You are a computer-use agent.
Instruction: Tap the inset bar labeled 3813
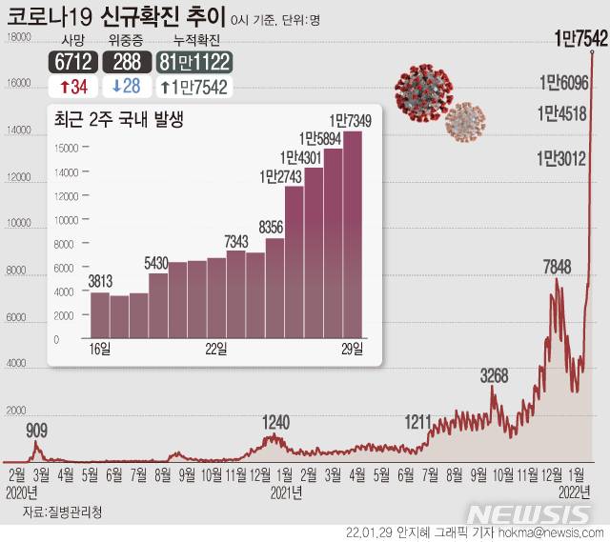pyautogui.click(x=99, y=316)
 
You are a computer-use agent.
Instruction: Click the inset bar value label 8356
pyautogui.click(x=274, y=228)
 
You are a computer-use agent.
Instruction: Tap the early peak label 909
pyautogui.click(x=36, y=431)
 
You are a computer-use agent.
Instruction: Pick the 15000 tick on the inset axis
pyautogui.click(x=64, y=148)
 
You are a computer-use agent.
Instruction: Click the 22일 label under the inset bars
pyautogui.click(x=215, y=350)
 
